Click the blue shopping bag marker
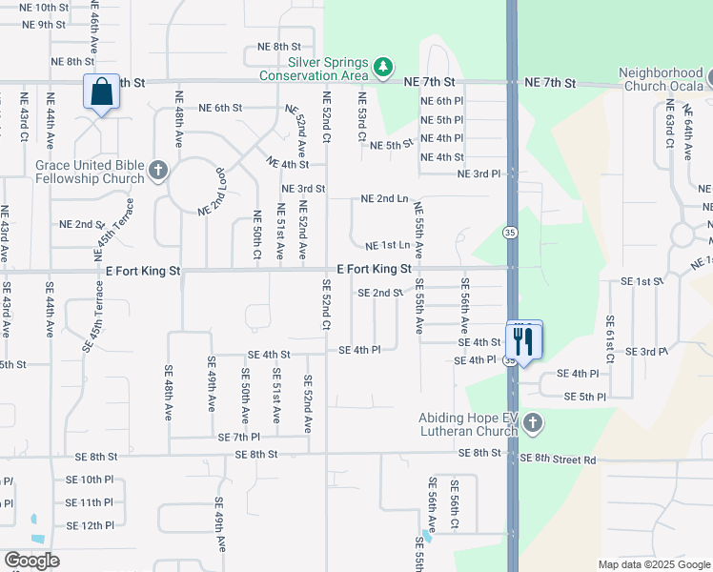101,93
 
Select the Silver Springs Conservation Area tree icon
382,67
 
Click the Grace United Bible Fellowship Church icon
158,172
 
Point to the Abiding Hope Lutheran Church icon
533,421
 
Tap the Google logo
31,561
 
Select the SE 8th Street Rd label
558,460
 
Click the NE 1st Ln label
388,246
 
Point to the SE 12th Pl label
90,525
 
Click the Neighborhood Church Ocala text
661,79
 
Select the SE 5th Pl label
585,397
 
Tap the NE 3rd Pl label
479,174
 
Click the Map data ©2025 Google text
654,563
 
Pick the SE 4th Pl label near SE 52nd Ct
360,350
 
